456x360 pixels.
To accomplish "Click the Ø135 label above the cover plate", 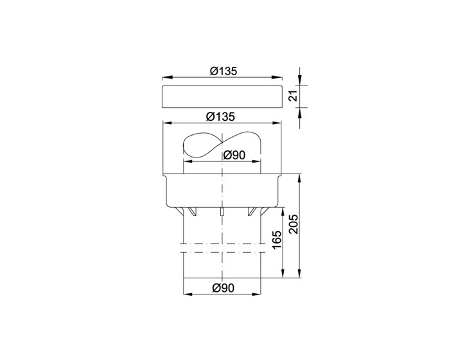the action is click(x=224, y=71).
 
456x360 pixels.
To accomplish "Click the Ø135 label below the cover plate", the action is click(x=220, y=117).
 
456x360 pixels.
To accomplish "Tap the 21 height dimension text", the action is click(x=294, y=96).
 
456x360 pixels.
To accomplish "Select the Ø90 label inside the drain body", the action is click(x=234, y=155).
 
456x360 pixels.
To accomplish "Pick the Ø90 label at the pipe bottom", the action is click(x=223, y=288).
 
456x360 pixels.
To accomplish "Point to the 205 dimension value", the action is click(x=294, y=224).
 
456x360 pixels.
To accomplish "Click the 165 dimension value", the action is click(x=277, y=240).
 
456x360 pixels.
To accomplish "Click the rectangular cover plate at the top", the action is click(x=222, y=96).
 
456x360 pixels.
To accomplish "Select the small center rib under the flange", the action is click(x=222, y=212).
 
